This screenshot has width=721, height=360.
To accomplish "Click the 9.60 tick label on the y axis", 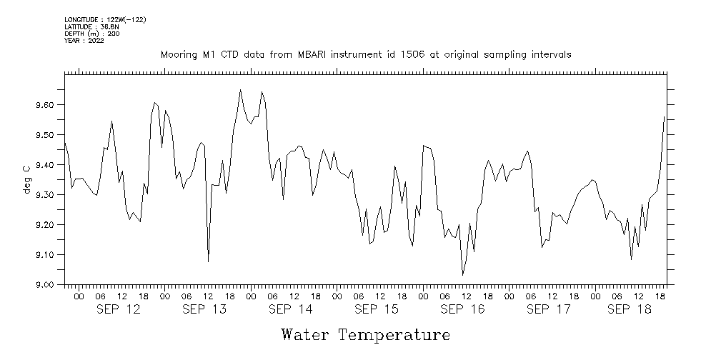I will coord(45,105).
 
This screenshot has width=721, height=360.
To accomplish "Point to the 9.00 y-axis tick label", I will coord(45,285).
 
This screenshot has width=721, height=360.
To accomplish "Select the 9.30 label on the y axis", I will coord(45,195).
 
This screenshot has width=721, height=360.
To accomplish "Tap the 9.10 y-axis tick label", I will coord(45,255).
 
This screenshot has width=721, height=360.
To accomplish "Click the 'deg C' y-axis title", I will coord(26,179).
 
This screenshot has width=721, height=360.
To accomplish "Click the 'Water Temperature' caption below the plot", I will coord(365,334).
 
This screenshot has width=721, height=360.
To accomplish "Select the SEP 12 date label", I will coord(118,309).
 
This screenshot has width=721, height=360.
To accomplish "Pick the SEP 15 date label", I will coord(376,309).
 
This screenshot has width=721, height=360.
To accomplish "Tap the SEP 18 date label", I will coord(629,309).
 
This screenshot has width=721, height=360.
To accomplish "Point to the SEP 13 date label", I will coord(204,309).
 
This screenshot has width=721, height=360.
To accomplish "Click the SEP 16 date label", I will coord(462,309).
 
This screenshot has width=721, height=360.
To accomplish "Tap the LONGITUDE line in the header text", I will coord(105,20).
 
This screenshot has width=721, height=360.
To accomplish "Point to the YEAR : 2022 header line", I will coord(84,40).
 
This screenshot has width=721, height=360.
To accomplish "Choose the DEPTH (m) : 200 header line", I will coord(92,34).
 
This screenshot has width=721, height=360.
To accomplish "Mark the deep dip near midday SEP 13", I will coord(208,261).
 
